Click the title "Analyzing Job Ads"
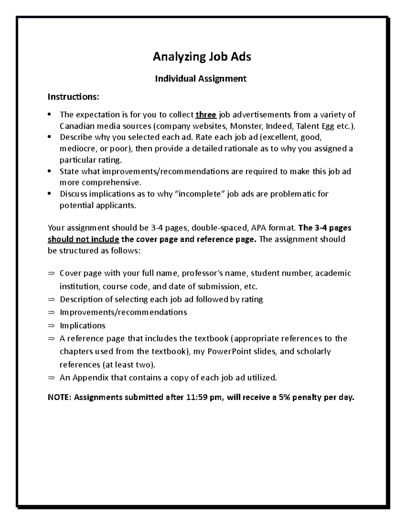[x=202, y=57]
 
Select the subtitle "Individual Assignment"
[x=201, y=79]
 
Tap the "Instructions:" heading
[x=73, y=97]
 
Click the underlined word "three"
[x=206, y=115]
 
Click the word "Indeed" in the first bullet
[x=279, y=126]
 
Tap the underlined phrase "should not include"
[x=83, y=239]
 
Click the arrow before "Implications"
[x=51, y=326]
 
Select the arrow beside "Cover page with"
[x=51, y=273]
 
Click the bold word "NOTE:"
[x=60, y=397]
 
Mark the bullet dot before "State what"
[x=50, y=171]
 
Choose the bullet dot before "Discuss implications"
[x=50, y=194]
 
